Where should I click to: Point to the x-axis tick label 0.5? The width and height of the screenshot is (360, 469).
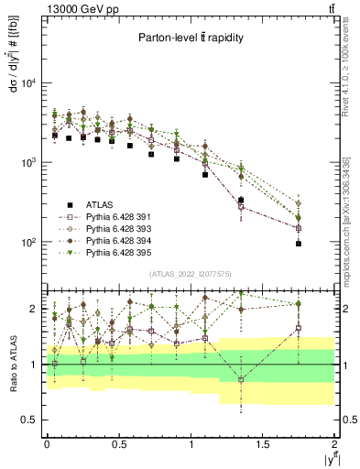pyautogui.click(x=118, y=443)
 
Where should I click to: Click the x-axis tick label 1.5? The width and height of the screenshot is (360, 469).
pyautogui.click(x=263, y=443)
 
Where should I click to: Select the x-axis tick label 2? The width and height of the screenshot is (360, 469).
pyautogui.click(x=335, y=443)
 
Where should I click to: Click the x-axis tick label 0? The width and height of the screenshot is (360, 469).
pyautogui.click(x=47, y=443)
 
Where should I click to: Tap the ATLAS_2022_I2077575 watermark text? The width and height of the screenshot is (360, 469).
pyautogui.click(x=190, y=274)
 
